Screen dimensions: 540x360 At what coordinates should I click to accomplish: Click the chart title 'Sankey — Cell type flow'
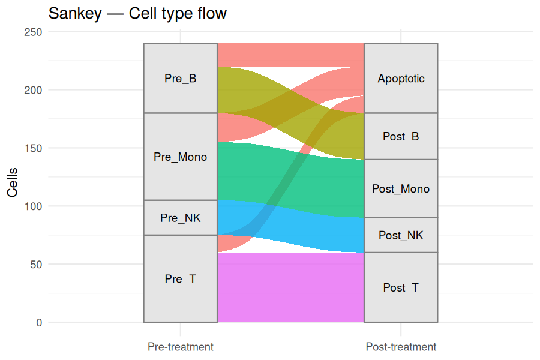click(x=137, y=14)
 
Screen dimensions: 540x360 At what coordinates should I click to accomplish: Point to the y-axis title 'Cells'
click(x=13, y=182)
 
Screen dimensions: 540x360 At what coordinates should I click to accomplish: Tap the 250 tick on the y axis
click(x=33, y=32)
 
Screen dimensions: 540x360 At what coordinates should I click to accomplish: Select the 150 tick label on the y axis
click(x=33, y=148)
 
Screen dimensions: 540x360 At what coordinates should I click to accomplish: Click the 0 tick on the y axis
click(x=39, y=322)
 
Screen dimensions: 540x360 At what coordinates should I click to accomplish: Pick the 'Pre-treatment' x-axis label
click(x=181, y=347)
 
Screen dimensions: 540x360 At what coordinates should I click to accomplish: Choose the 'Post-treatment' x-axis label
click(x=401, y=347)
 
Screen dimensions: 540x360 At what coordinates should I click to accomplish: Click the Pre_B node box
click(x=181, y=78)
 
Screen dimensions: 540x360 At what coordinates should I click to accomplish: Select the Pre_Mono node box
click(x=181, y=157)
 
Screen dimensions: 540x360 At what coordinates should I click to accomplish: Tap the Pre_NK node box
click(x=181, y=218)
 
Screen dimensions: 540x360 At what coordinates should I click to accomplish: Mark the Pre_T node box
click(x=181, y=278)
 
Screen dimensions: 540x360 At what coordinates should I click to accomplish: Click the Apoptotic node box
click(x=401, y=78)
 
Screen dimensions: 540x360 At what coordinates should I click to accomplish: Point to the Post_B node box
click(x=401, y=136)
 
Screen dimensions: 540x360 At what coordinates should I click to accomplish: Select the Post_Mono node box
click(x=401, y=188)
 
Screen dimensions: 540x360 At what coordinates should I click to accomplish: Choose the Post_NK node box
click(x=401, y=235)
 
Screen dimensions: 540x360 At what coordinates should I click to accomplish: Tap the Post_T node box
click(x=401, y=287)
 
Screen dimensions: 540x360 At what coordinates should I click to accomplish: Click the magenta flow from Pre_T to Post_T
click(x=290, y=287)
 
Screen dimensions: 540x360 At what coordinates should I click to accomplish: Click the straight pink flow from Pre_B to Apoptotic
click(x=290, y=55)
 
